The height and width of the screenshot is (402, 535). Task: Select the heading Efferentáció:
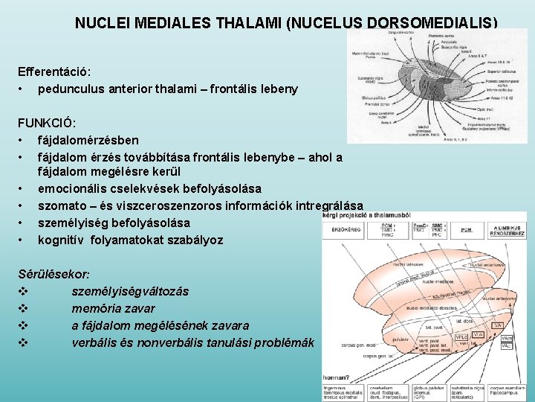pos(54,71)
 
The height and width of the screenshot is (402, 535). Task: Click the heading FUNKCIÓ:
pos(48,123)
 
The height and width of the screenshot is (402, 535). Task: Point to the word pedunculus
pos(71,89)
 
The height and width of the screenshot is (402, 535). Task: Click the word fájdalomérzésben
pos(88,140)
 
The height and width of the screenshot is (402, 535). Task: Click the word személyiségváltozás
pos(130,291)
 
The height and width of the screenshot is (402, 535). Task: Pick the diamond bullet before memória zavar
pos(23,308)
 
